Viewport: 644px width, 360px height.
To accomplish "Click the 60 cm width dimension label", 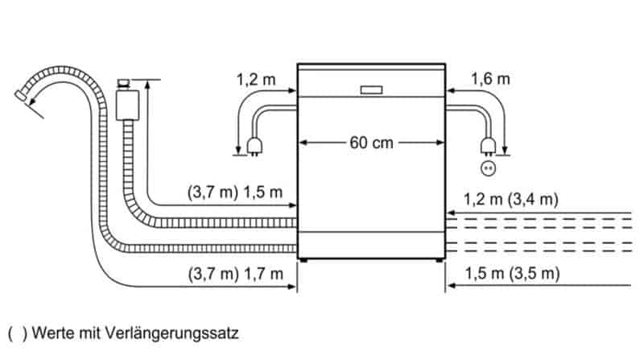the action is (371, 143).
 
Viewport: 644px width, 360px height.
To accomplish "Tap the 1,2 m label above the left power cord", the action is (256, 79).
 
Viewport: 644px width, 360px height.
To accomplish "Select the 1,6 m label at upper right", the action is (490, 78).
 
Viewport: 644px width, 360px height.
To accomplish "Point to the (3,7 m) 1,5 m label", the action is (235, 192).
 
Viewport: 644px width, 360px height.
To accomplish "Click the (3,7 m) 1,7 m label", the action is (236, 273).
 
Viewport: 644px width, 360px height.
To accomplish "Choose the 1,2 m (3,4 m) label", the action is (511, 199).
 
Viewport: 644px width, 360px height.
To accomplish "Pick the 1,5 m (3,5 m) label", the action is (512, 273).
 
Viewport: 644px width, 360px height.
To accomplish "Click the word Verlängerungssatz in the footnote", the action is (171, 333).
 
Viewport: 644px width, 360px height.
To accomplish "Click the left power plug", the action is (254, 147).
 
